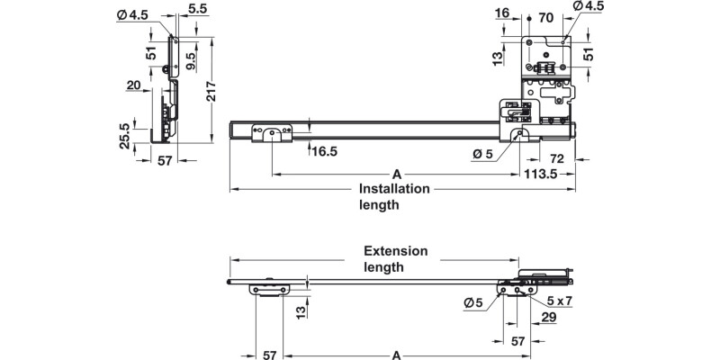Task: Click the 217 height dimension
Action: coord(210,92)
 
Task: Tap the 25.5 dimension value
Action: coord(124,131)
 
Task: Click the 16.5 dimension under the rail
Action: coord(325,152)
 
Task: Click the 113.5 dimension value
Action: coord(543,175)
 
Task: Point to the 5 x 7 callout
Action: coord(559,301)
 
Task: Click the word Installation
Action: coord(394,189)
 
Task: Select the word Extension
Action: coord(395,251)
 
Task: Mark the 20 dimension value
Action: coord(134,85)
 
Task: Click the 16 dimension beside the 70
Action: coord(502,13)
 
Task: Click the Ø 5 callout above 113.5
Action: coord(482,154)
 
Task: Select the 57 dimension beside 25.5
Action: coord(165,161)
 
